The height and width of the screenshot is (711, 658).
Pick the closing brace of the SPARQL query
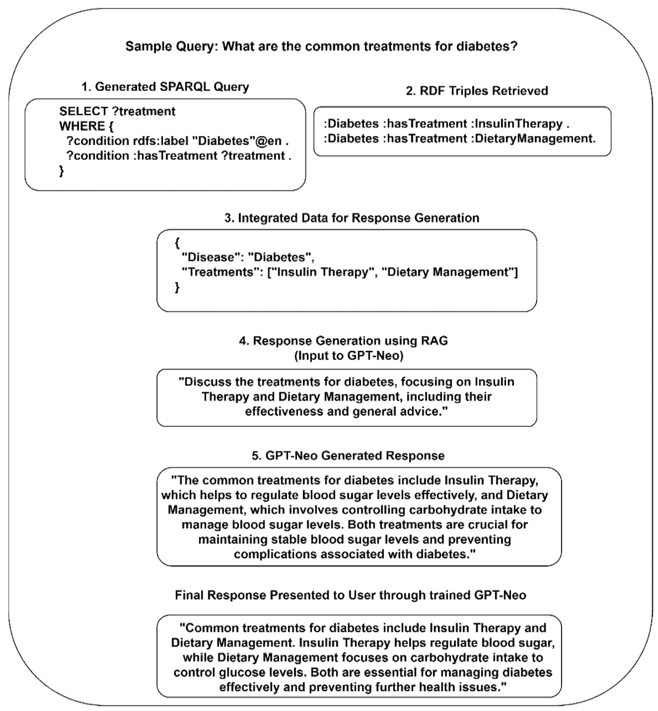pyautogui.click(x=62, y=171)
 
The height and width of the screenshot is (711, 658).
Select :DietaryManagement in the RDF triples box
pyautogui.click(x=533, y=138)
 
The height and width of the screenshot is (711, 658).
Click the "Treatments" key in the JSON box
pyautogui.click(x=223, y=272)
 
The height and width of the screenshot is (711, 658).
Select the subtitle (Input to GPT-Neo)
pyautogui.click(x=348, y=356)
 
